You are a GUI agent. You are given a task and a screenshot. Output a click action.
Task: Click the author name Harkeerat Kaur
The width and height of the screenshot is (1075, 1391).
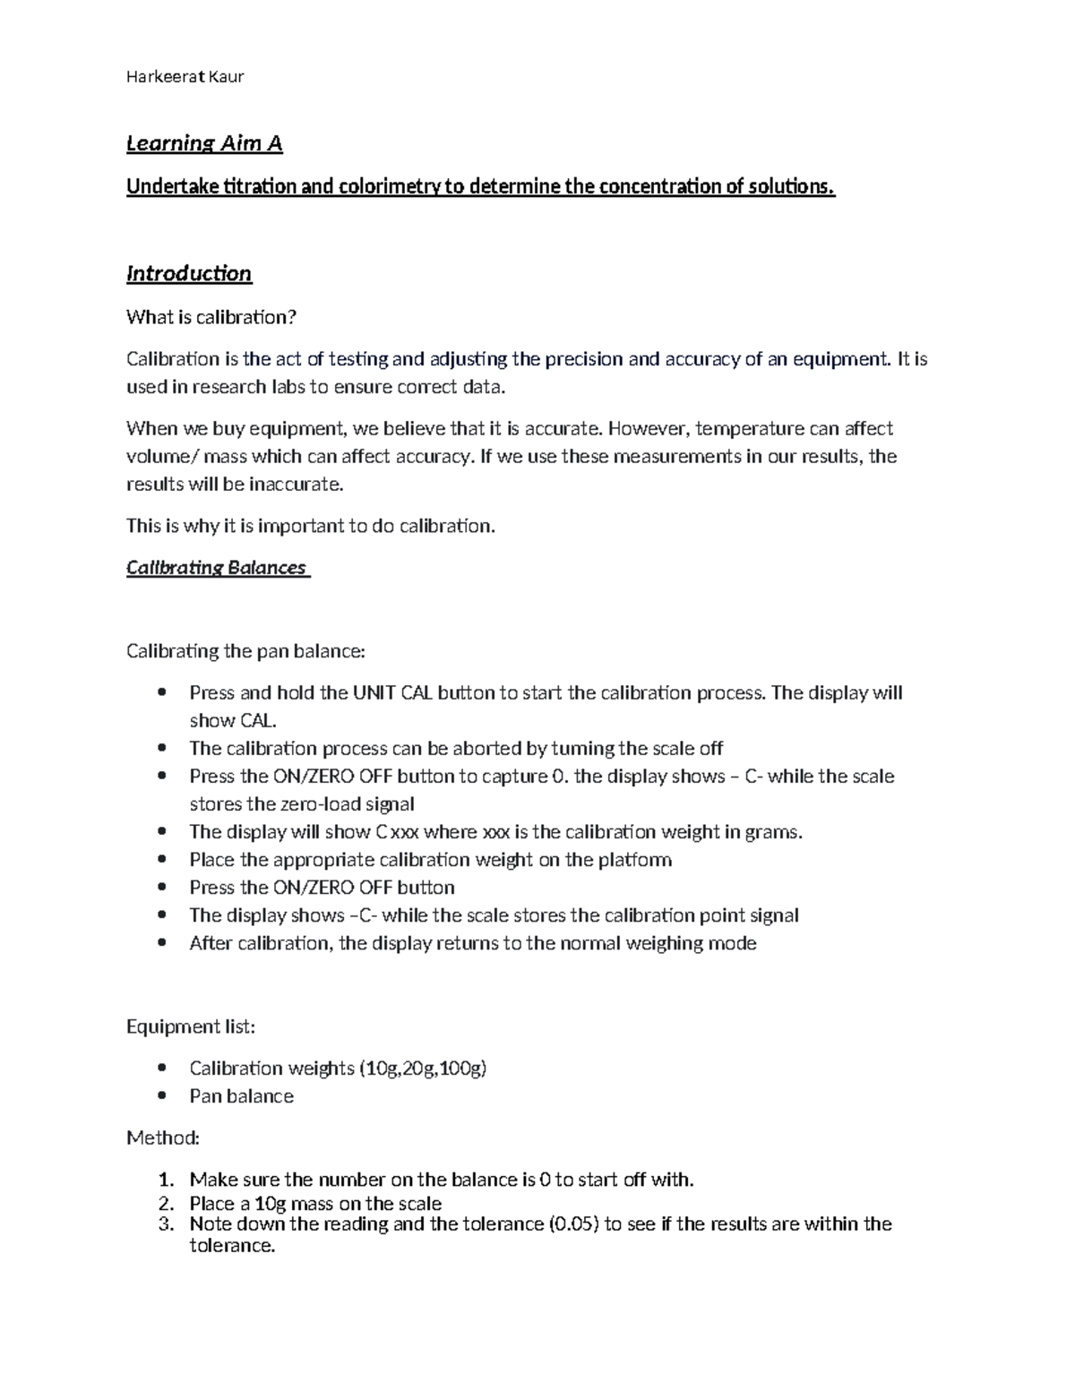[x=185, y=76]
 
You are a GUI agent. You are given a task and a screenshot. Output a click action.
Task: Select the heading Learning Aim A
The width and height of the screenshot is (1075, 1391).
[x=204, y=143]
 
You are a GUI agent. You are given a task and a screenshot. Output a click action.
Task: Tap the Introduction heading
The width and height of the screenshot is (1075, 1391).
[x=189, y=273]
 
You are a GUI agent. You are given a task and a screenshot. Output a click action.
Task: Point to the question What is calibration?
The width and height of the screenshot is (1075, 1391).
[x=211, y=317]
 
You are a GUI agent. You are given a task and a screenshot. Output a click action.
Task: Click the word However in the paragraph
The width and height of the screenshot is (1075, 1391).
[x=647, y=428]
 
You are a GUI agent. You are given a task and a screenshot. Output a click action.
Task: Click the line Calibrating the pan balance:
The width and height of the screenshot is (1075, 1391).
[x=245, y=651]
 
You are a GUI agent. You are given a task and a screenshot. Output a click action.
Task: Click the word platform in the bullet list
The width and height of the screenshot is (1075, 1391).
[x=635, y=860]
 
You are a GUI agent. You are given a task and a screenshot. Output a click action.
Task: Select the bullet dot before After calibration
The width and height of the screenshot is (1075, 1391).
[x=162, y=942]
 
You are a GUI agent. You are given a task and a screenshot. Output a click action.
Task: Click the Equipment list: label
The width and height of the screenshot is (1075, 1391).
[x=191, y=1026]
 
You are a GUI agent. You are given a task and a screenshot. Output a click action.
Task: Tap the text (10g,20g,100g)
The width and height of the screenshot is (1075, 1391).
[x=423, y=1068]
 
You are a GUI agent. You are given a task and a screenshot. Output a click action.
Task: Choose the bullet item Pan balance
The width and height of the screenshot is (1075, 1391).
[x=241, y=1096]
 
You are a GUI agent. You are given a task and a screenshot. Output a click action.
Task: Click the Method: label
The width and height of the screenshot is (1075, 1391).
[x=163, y=1138]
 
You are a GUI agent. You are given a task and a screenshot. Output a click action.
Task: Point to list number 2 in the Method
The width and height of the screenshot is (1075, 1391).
[x=165, y=1203]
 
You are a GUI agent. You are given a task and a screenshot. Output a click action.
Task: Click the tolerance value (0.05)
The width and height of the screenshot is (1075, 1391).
[x=572, y=1224]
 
